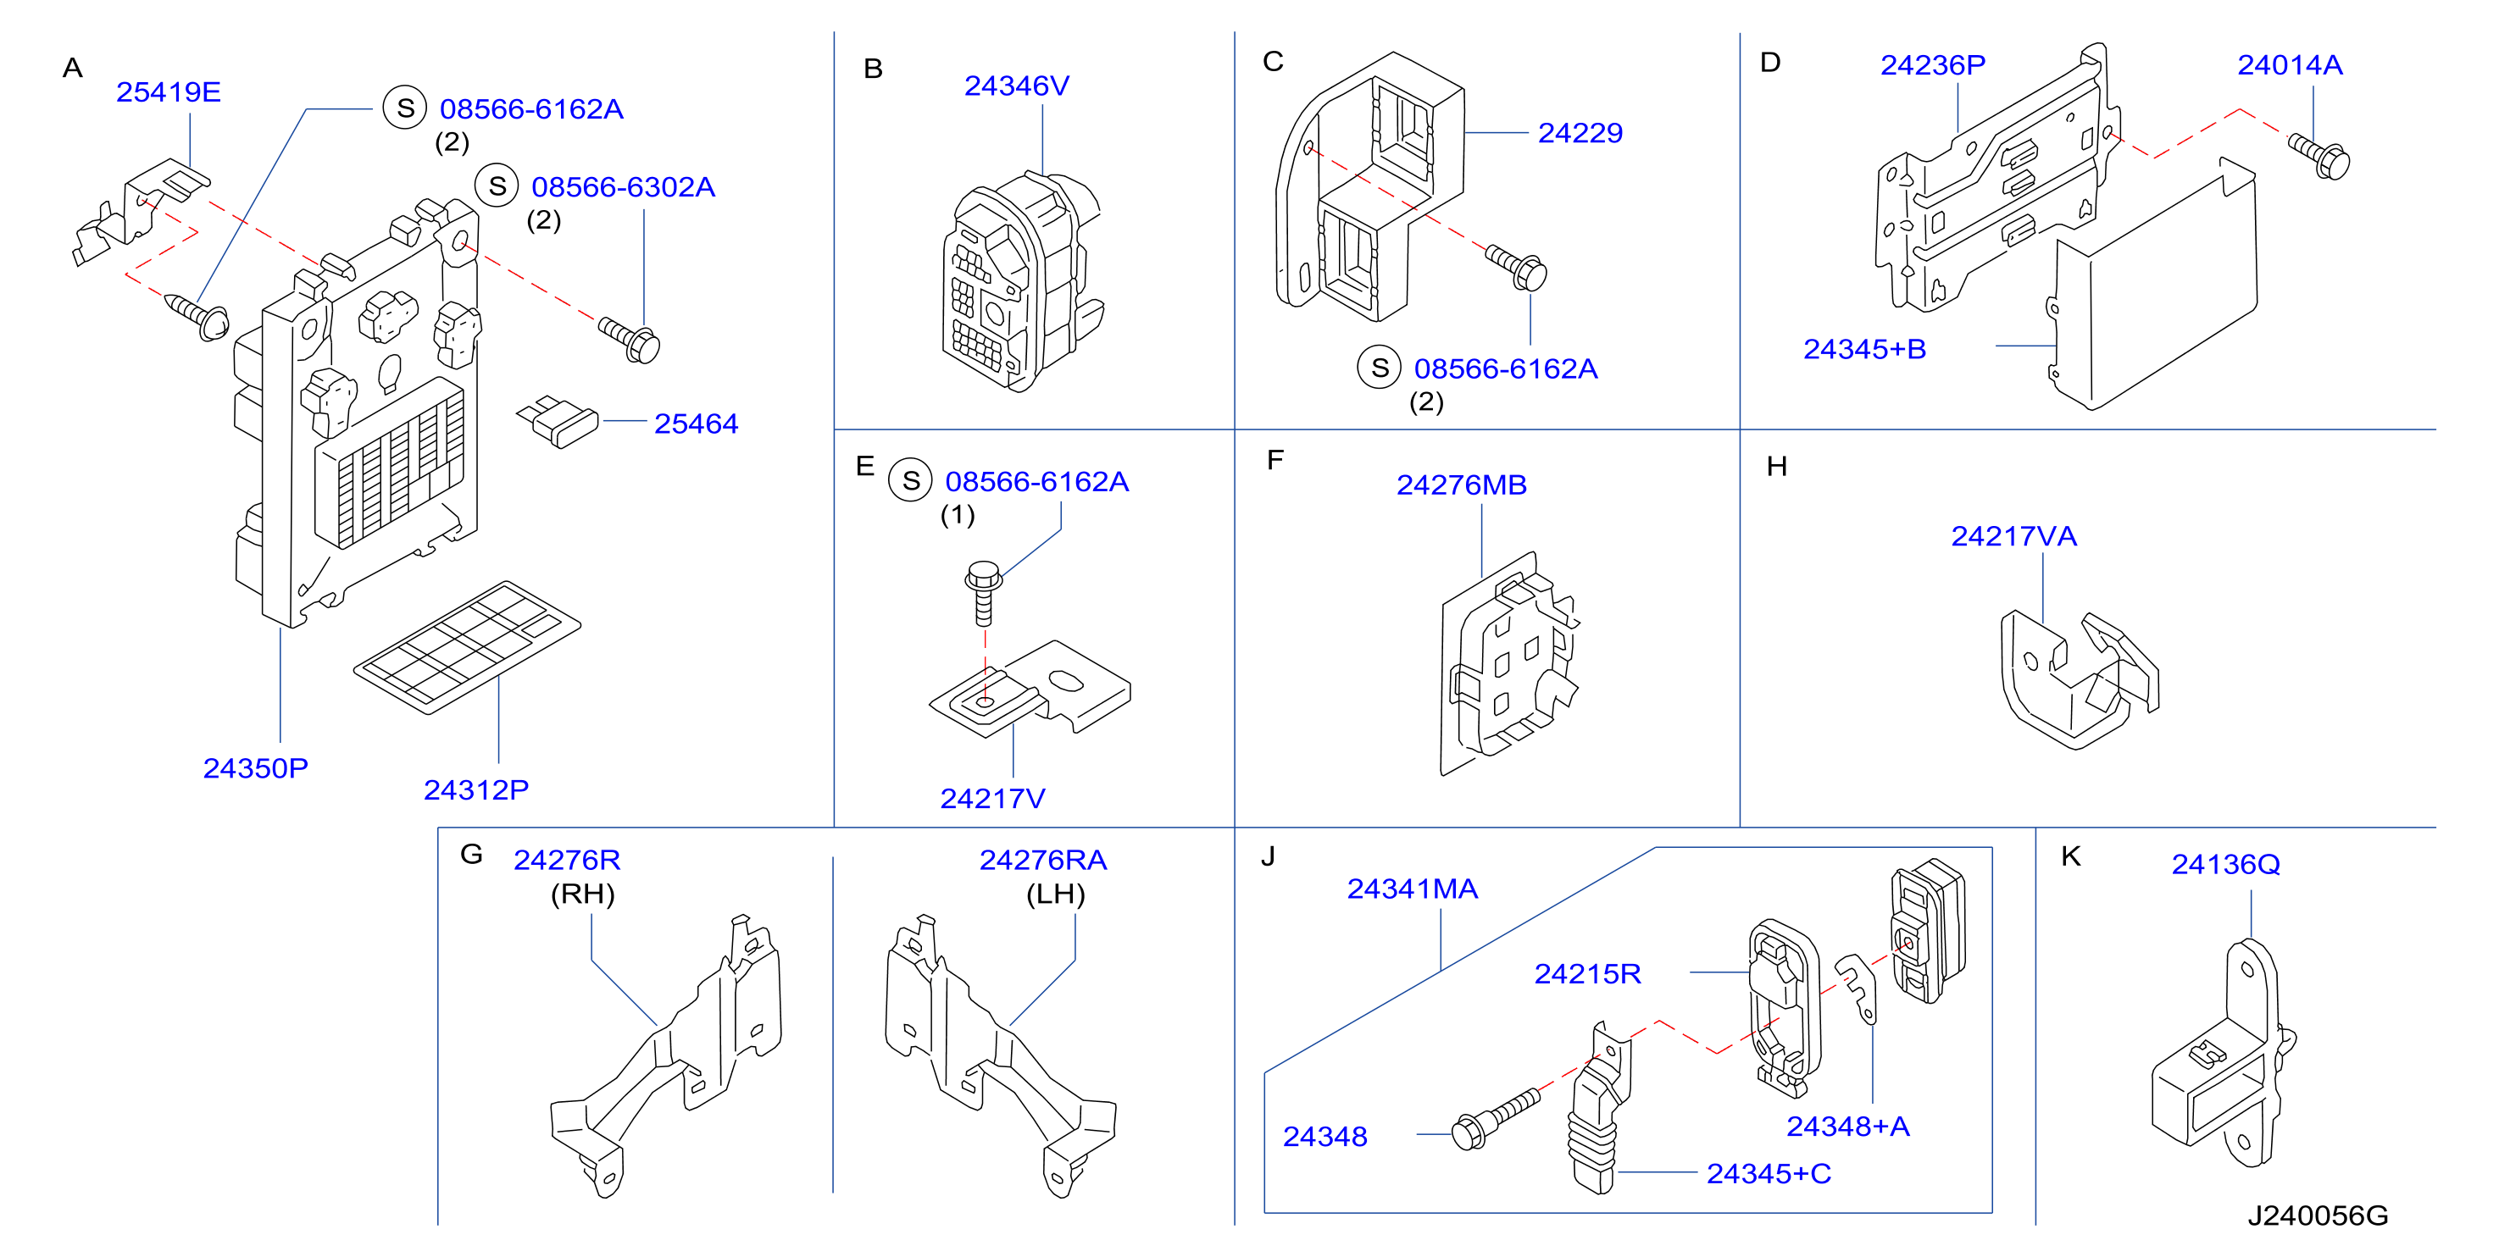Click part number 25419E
click(x=168, y=92)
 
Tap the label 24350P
click(x=255, y=768)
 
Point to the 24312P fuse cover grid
click(x=467, y=647)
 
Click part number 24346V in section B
click(x=1017, y=86)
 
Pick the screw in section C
click(x=1516, y=268)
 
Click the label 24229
click(x=1580, y=133)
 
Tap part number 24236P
click(x=1932, y=65)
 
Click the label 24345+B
click(x=1864, y=349)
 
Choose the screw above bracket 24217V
click(x=984, y=593)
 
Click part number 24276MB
click(x=1461, y=485)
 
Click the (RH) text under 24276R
click(x=583, y=894)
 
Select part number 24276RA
click(x=1043, y=861)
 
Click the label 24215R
click(x=1587, y=974)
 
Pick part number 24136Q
click(x=2225, y=864)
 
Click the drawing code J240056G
click(x=2318, y=1215)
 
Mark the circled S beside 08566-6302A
click(x=497, y=186)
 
